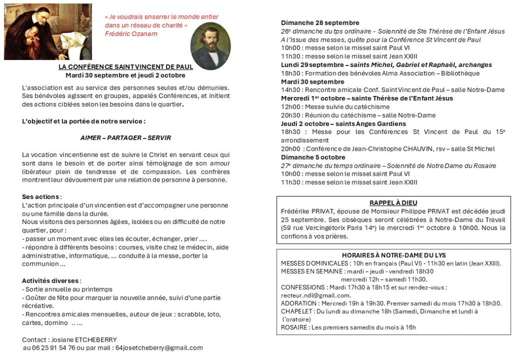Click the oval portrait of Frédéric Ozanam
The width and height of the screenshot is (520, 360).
(x=210, y=46)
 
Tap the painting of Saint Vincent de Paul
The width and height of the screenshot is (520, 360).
(x=48, y=31)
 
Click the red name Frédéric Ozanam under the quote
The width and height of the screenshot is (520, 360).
(x=131, y=34)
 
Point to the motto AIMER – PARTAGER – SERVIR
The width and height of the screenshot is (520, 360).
(x=125, y=138)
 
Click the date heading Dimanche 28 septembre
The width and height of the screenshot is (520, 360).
(x=320, y=23)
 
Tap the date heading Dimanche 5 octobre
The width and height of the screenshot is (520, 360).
(x=313, y=157)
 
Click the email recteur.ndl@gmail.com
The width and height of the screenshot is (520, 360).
(x=315, y=296)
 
